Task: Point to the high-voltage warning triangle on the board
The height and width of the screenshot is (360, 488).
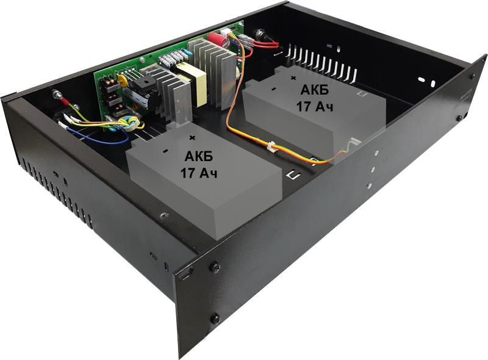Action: click(135, 109)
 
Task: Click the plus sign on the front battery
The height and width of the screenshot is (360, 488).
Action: click(193, 137)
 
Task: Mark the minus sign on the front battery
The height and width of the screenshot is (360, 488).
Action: click(165, 151)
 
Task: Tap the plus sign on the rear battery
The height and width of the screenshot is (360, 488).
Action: click(293, 78)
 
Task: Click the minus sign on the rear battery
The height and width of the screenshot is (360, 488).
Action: click(273, 89)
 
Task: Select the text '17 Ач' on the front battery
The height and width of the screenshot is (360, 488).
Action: click(199, 173)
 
